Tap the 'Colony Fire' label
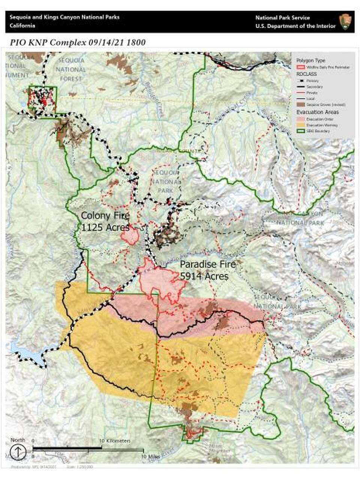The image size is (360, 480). click(x=105, y=216)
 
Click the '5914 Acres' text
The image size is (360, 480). click(x=204, y=276)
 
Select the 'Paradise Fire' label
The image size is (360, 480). click(x=208, y=264)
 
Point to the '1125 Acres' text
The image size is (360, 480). click(x=105, y=227)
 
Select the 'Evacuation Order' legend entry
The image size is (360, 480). click(x=317, y=119)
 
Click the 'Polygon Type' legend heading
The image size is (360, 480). click(x=310, y=60)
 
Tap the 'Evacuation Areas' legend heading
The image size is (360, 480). click(x=317, y=112)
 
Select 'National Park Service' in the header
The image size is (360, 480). click(x=282, y=18)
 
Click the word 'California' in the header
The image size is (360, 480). click(x=22, y=26)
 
